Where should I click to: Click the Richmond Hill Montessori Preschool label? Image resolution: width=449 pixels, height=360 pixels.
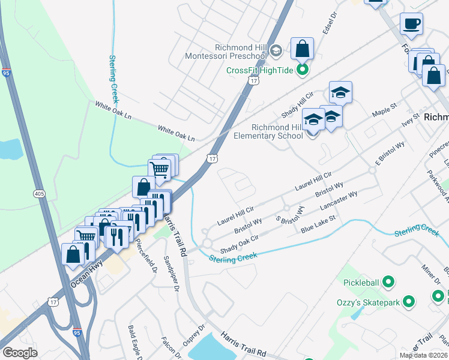(240, 52)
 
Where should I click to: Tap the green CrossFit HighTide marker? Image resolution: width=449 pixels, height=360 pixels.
(303, 70)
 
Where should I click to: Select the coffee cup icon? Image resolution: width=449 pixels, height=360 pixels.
(411, 24)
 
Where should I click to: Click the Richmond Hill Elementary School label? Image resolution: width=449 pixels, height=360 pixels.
(277, 131)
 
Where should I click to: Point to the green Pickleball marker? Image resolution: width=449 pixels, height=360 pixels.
(388, 281)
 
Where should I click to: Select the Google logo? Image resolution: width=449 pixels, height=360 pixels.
(20, 353)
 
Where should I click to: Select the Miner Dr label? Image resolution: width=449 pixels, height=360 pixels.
(431, 273)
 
